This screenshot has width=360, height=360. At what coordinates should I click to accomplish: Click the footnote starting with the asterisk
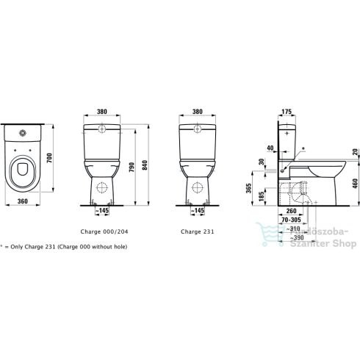coord(64,246)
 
